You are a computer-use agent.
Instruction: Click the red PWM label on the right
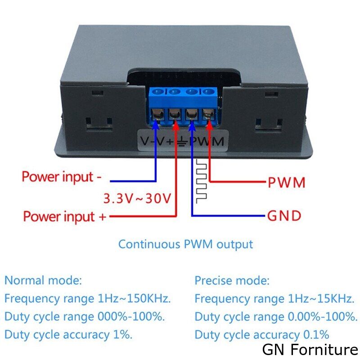point(287,183)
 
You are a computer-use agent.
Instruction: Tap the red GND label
point(284,216)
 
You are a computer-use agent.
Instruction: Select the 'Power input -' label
point(62,176)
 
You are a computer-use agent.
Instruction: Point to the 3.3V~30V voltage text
point(137,198)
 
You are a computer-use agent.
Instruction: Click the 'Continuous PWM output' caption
point(185,244)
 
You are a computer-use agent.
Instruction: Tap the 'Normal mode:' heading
point(44,281)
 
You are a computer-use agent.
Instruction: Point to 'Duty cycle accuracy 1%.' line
point(68,334)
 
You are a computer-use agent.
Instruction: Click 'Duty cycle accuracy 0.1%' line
point(262,335)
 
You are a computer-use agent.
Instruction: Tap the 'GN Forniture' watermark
point(310,350)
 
